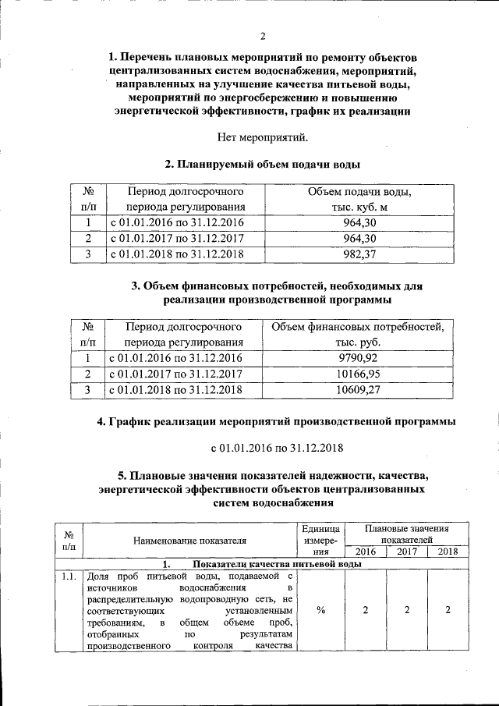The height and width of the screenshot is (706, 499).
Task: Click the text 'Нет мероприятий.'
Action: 264,138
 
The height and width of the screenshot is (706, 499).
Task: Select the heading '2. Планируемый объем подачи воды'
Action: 263,165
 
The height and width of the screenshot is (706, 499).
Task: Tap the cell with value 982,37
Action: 359,254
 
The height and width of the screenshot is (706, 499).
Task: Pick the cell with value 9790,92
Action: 359,358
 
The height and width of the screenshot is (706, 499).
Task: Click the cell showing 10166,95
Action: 359,374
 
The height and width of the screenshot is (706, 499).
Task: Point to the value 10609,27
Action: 359,389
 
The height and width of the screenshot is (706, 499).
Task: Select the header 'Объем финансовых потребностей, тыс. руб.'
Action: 359,334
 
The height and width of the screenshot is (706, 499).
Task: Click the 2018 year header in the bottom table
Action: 448,552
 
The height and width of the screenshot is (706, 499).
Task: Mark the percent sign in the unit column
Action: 321,610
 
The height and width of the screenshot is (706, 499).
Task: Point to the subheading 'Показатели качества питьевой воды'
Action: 276,563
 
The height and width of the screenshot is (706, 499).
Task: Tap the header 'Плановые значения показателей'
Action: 405,534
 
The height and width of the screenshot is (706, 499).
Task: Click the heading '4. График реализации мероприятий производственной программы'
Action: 277,422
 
